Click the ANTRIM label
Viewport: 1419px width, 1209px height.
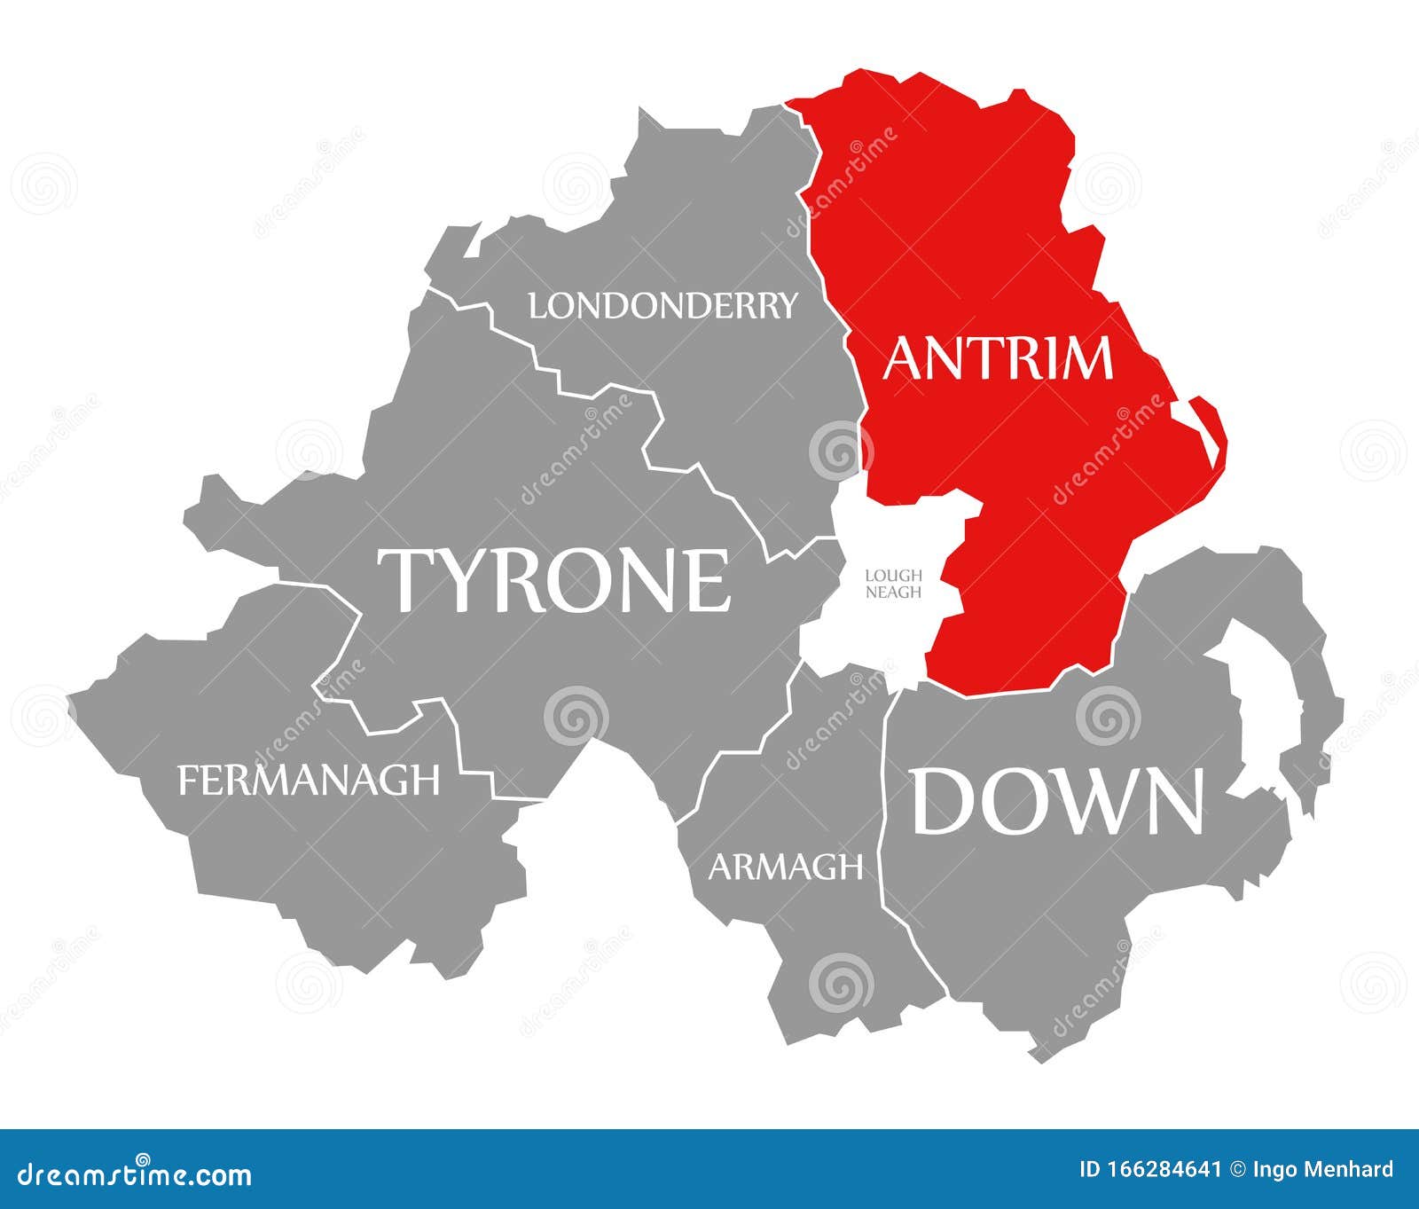[997, 357]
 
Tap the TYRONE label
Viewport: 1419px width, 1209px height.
[554, 580]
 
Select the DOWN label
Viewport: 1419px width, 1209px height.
[1058, 801]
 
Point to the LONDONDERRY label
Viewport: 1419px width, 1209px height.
[662, 306]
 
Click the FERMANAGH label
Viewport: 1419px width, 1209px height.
[309, 781]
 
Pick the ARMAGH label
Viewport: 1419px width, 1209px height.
[785, 867]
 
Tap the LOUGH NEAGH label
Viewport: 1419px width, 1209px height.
[893, 584]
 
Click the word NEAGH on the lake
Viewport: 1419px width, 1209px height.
[893, 592]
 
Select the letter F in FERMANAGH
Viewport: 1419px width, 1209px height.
[188, 781]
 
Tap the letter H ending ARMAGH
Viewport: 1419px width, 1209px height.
[851, 867]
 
